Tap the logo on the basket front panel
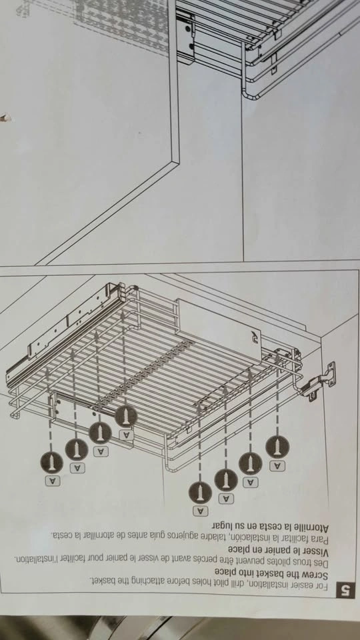click(x=254, y=336)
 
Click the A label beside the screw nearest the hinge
click(x=277, y=466)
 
